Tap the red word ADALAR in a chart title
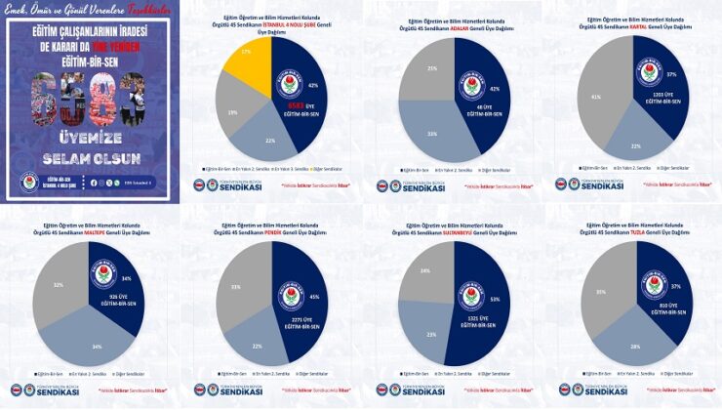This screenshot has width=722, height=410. (x=458, y=29)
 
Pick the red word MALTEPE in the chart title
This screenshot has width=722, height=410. (x=121, y=232)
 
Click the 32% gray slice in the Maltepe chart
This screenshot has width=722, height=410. (x=59, y=283)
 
